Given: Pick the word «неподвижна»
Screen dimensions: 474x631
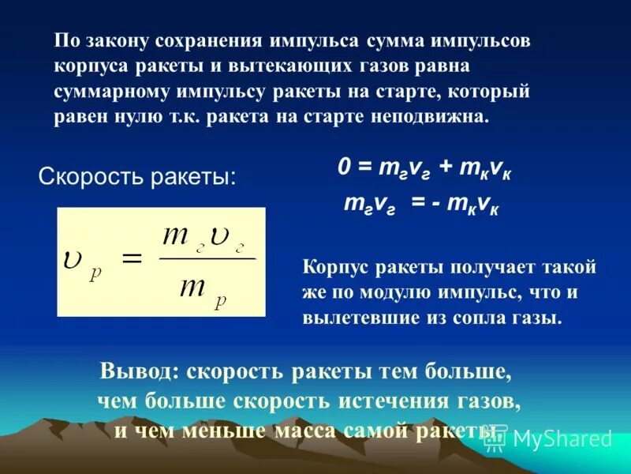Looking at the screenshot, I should [438, 115].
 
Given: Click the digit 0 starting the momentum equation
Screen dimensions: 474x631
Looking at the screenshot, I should [344, 168].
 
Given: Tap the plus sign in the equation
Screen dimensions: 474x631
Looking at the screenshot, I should [446, 168].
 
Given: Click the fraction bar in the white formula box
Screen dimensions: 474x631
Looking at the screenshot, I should [207, 258].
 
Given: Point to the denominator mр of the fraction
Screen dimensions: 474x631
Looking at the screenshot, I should [200, 288].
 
